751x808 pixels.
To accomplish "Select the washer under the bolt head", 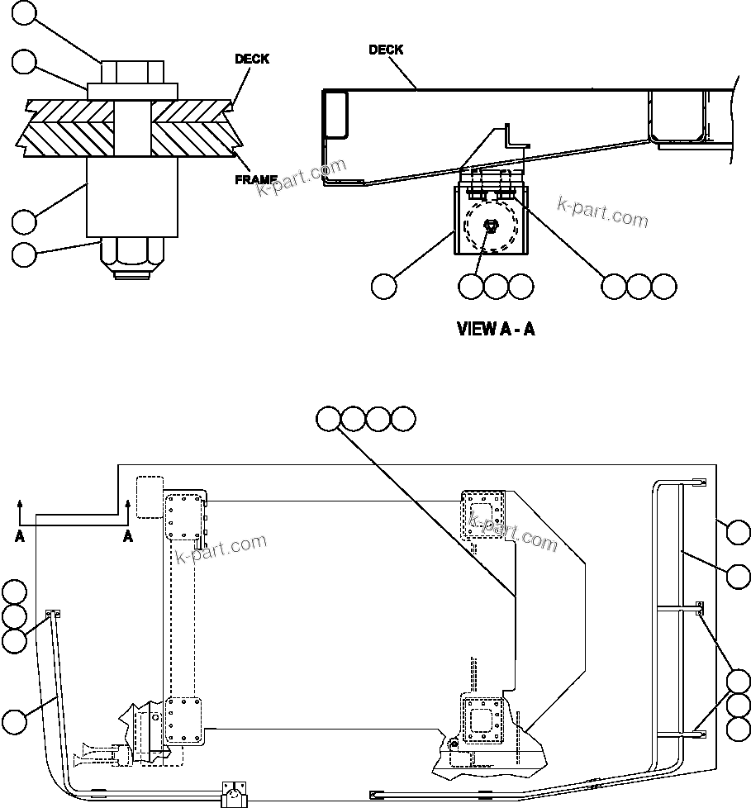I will [x=132, y=90].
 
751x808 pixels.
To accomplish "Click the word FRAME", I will [x=255, y=179].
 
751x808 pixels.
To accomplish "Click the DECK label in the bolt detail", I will [x=252, y=59].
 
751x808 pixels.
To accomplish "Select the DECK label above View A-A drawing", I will [x=386, y=50].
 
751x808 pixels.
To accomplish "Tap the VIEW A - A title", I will [x=496, y=329].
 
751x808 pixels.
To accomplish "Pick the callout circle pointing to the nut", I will [x=25, y=254].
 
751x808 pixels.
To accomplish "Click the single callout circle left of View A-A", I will [x=383, y=287].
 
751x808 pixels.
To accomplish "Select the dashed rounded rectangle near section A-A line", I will [x=150, y=497].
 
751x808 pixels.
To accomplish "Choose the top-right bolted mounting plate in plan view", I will [x=481, y=512].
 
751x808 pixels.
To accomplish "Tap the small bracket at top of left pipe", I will [x=54, y=614].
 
